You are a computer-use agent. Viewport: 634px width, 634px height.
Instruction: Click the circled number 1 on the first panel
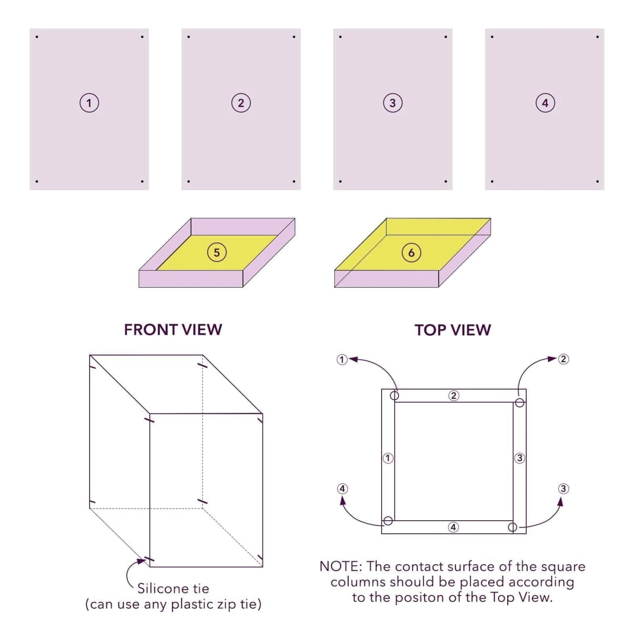click(x=89, y=103)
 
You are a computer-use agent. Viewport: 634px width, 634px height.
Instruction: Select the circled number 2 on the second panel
click(x=241, y=103)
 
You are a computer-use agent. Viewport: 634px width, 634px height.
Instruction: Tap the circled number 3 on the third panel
click(x=393, y=103)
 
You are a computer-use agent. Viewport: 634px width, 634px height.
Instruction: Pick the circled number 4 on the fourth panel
click(x=545, y=103)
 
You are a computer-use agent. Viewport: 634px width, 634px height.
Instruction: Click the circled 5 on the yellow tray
click(x=217, y=252)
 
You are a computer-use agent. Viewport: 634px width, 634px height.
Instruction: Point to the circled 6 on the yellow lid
click(x=411, y=252)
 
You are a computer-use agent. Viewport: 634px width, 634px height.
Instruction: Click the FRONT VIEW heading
click(x=173, y=330)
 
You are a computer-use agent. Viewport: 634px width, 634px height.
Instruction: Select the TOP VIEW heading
click(x=453, y=330)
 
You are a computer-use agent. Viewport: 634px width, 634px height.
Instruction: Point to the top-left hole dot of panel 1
click(x=37, y=37)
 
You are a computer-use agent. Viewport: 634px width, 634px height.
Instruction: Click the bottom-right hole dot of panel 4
click(x=597, y=181)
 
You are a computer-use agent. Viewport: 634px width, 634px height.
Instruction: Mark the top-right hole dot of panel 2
click(x=294, y=37)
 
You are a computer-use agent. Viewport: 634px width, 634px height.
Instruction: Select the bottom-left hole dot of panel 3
click(x=340, y=181)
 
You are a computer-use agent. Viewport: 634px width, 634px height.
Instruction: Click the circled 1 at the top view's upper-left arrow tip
click(x=342, y=360)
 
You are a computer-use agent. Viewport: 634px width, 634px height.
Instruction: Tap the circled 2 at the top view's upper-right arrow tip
click(x=563, y=359)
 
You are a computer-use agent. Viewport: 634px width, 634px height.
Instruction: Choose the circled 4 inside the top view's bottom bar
click(x=453, y=527)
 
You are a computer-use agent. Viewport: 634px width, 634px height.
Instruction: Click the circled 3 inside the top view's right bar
click(x=519, y=458)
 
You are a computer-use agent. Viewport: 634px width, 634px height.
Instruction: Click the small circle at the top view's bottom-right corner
click(x=512, y=527)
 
